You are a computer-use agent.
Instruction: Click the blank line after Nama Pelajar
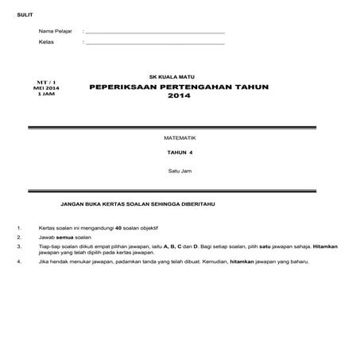tap(154, 33)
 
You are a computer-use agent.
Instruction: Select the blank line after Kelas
tap(154, 44)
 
